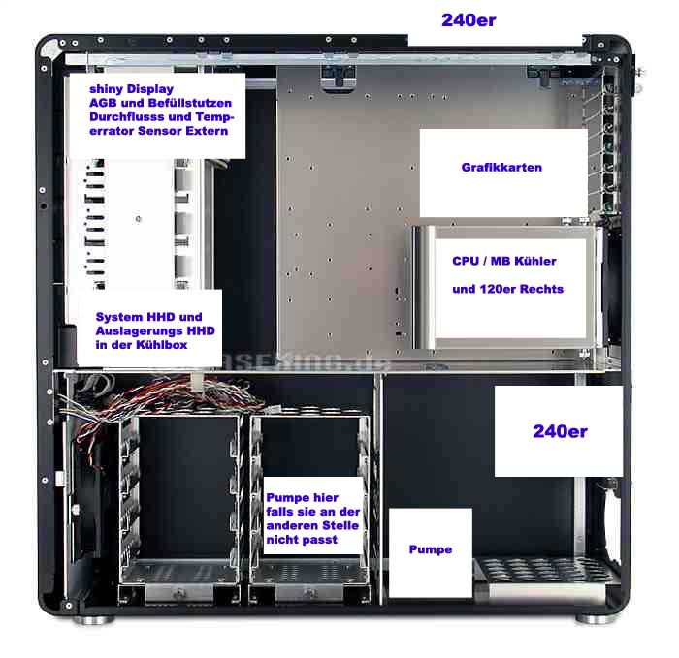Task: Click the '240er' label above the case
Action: pyautogui.click(x=469, y=19)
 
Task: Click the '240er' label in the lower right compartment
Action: pyautogui.click(x=560, y=431)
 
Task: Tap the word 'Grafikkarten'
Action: pyautogui.click(x=501, y=168)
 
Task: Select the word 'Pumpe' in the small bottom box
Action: pyautogui.click(x=430, y=549)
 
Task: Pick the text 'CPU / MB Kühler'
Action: pyautogui.click(x=504, y=262)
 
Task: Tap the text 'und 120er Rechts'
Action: pyautogui.click(x=507, y=289)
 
